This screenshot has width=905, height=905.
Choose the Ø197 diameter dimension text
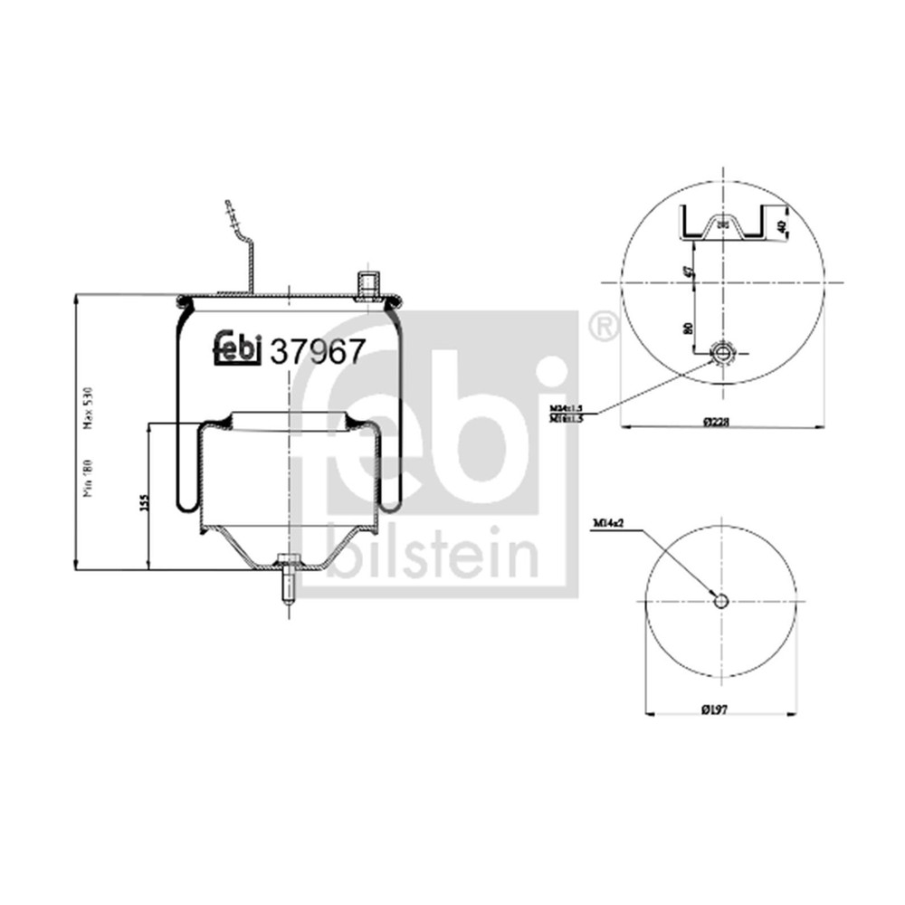coord(716,708)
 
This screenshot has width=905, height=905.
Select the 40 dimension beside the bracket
coord(780,220)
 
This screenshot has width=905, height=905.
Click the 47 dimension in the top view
coord(689,271)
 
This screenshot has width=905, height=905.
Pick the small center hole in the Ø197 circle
coord(721,601)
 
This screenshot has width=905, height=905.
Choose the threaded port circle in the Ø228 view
coord(724,354)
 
